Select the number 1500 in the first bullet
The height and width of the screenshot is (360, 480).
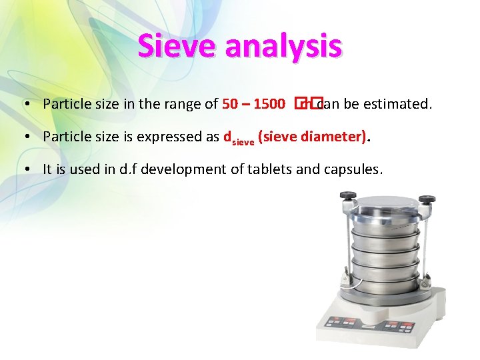(270, 104)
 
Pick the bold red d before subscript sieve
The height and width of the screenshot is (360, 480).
(227, 137)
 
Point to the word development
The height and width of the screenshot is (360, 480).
(179, 169)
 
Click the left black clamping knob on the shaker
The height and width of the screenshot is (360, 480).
(347, 196)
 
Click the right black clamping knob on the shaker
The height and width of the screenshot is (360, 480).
(427, 199)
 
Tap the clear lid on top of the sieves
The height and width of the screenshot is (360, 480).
(387, 207)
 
